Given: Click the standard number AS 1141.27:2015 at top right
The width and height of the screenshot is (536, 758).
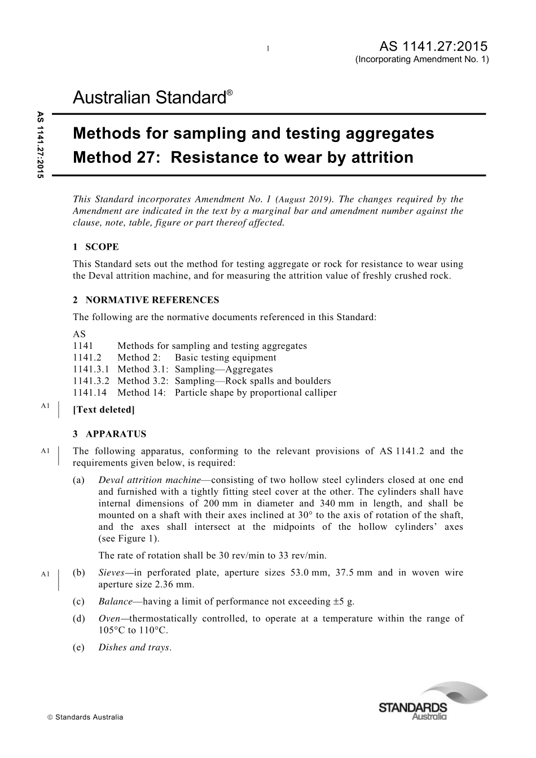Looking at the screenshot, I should (x=434, y=46).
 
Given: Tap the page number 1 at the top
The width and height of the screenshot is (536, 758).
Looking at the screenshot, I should (x=269, y=48).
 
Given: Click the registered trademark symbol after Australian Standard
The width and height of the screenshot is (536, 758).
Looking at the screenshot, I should (x=229, y=92).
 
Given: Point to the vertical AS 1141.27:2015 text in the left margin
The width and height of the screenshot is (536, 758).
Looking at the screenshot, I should (x=40, y=145).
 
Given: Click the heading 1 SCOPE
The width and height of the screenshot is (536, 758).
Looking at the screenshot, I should (x=96, y=247).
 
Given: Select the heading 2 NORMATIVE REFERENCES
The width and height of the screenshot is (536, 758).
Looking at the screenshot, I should (x=146, y=300).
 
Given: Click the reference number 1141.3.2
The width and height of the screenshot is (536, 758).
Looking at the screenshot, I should (x=91, y=381).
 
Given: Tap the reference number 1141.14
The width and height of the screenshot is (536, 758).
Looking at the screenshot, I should (x=90, y=393).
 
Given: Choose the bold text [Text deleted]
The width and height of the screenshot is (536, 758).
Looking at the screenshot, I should (x=104, y=410).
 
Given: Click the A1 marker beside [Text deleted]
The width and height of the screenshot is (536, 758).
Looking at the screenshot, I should (x=46, y=406).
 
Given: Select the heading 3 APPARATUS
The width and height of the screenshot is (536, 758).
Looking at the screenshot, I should (x=109, y=434).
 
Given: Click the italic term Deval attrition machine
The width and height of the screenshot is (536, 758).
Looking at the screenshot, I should (x=150, y=480).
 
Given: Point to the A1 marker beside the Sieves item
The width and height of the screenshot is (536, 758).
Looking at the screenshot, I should (x=46, y=574).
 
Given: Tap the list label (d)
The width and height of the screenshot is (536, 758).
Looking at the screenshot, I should (x=79, y=619).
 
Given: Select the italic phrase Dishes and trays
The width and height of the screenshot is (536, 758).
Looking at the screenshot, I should (x=134, y=648).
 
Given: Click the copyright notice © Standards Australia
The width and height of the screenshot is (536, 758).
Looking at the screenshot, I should (x=85, y=717).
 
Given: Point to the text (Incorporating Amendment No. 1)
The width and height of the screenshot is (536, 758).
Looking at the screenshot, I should (x=422, y=59).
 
